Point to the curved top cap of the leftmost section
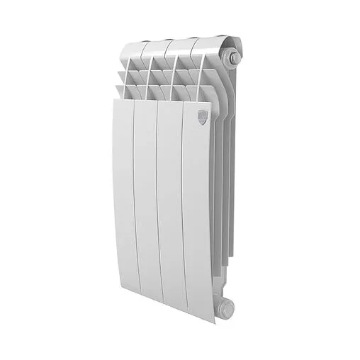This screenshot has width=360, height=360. coord(130,50)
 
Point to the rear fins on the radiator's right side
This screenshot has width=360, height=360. coord(225,177)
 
